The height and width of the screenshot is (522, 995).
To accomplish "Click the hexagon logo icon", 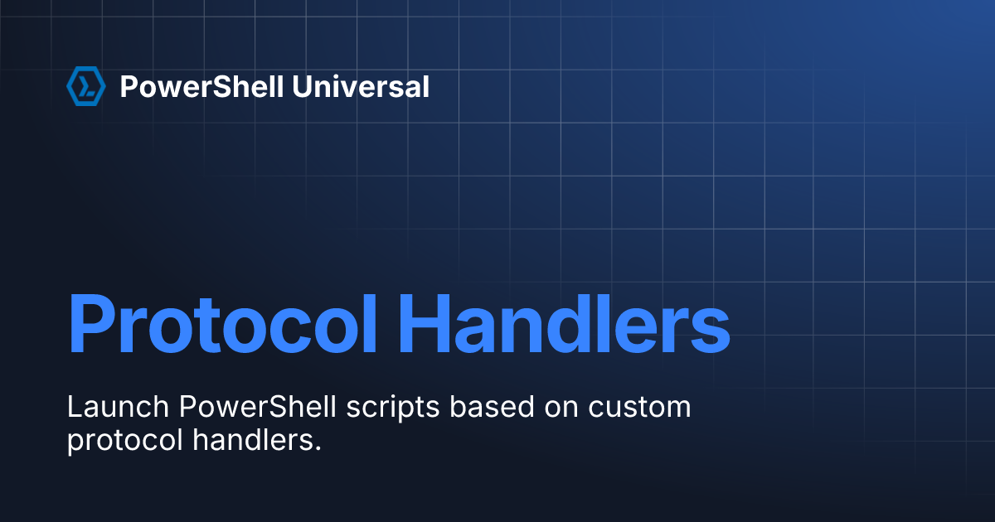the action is pos(86,86).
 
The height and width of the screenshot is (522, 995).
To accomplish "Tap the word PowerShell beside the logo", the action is pos(201,86).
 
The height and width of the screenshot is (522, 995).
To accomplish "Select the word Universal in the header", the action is pos(361,86).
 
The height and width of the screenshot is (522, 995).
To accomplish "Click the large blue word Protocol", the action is pos(222,324).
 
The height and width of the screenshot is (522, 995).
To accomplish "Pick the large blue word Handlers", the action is pos(564,324).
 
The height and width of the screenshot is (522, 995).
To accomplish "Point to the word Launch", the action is pos(118,407).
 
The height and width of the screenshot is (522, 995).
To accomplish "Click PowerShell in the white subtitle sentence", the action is pos(258,407).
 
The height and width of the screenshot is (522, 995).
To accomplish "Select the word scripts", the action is pos(393,408).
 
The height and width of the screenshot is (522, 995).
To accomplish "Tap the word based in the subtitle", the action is pos(492,407).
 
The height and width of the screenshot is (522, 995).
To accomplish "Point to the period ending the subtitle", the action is pos(318,449).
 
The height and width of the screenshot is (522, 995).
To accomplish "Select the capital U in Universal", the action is pos(302,86).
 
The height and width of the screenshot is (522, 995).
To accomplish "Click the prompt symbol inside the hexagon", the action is pos(86,86).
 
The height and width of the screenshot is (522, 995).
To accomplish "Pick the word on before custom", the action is pos(561,409).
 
